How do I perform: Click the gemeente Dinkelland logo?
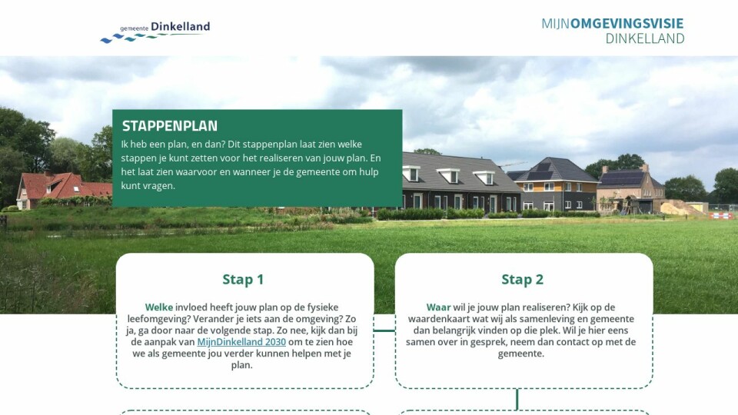155,32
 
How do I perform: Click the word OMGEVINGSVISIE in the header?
627,24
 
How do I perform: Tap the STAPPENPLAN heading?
169,126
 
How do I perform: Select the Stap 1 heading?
243,280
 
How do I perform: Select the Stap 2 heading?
523,280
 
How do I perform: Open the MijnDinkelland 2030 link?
241,342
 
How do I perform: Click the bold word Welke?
159,307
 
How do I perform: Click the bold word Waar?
438,307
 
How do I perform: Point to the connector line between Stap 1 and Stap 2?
384,330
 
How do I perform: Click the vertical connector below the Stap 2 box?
517,400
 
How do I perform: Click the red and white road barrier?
722,216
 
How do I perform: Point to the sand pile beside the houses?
680,208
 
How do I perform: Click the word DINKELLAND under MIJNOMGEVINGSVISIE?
645,38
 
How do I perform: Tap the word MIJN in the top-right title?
555,24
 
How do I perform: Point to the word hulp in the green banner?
368,172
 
